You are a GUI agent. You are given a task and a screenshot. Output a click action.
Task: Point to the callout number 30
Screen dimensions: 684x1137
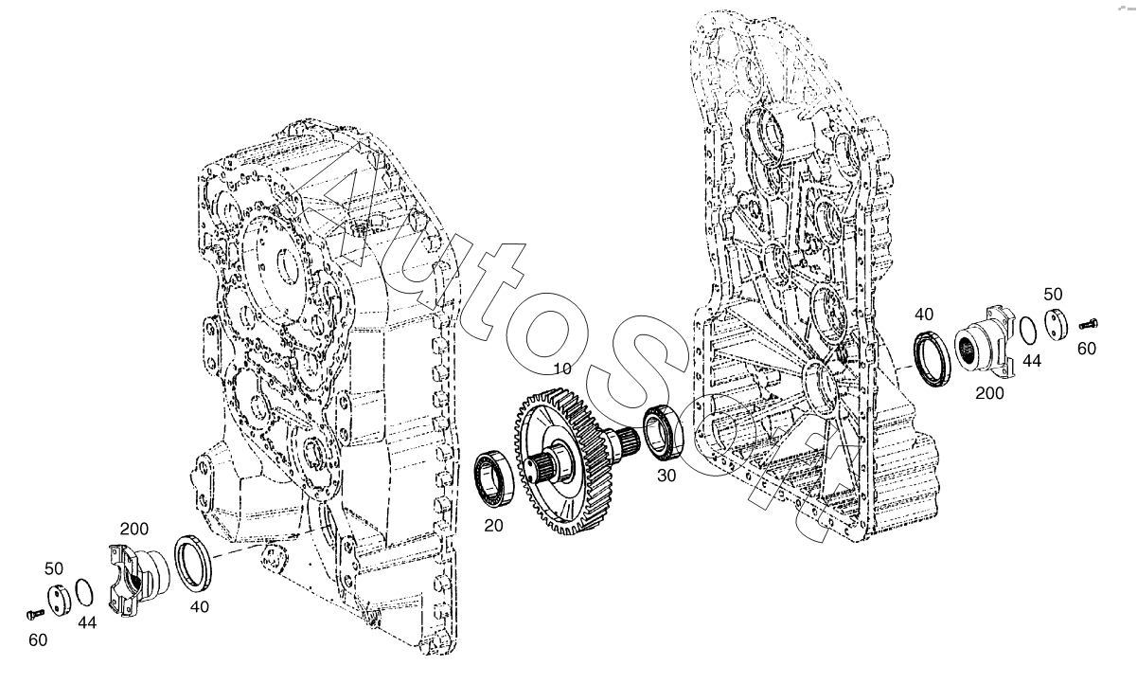click(666, 476)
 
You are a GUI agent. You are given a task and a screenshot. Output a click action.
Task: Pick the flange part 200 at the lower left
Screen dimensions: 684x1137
click(138, 579)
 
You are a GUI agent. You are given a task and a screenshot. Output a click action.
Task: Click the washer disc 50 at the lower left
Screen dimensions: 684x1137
click(61, 600)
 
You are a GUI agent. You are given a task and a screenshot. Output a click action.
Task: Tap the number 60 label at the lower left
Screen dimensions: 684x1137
click(38, 641)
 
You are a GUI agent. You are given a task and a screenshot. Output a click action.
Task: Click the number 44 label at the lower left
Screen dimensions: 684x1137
click(86, 622)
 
